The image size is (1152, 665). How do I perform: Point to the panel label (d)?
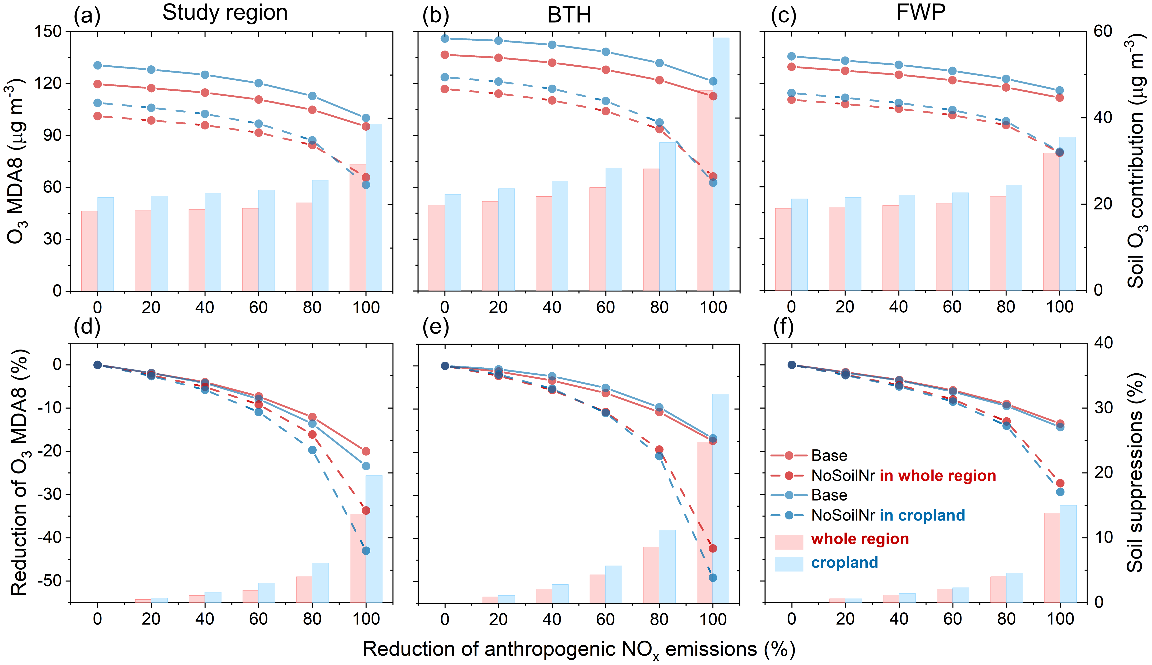coord(87,327)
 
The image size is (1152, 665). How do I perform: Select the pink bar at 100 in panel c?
coord(1052,222)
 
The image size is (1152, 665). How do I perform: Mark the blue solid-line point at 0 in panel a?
coord(97,65)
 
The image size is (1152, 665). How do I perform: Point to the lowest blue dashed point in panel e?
coord(713,578)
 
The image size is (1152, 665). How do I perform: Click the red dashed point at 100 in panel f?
coord(1060,483)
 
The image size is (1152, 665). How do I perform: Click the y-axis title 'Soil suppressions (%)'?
coord(1134,473)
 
